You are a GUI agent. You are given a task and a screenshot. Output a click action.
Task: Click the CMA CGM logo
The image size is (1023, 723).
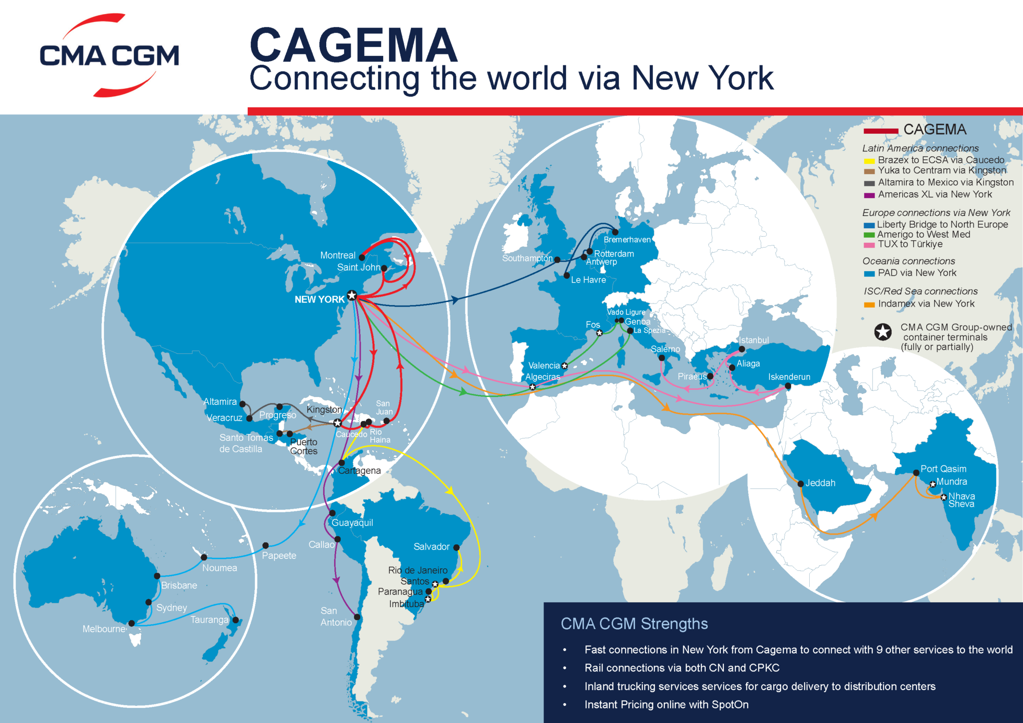click(x=109, y=55)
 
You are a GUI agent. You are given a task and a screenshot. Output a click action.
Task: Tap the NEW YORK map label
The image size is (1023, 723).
click(x=319, y=300)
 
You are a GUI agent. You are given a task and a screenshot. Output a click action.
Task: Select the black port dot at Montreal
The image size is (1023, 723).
click(x=362, y=258)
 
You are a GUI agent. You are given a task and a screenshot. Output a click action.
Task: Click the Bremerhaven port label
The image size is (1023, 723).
click(x=627, y=240)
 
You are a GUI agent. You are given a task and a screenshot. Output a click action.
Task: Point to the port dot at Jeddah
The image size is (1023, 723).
click(x=801, y=483)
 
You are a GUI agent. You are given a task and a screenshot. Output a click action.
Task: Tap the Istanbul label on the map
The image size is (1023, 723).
click(x=754, y=341)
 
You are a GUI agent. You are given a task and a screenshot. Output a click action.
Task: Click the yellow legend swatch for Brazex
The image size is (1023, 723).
click(x=869, y=161)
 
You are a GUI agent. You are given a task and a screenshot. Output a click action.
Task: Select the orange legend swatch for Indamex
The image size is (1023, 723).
click(x=869, y=305)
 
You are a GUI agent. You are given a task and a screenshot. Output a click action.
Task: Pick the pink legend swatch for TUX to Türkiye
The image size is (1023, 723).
click(x=869, y=245)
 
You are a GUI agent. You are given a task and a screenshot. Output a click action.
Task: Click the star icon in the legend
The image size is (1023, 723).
click(x=883, y=332)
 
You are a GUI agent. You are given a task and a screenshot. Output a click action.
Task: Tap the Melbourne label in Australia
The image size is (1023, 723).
click(x=104, y=629)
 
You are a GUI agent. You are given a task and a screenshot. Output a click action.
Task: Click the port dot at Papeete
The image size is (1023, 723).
click(x=266, y=546)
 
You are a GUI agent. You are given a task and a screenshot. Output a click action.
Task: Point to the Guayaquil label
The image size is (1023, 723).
click(x=352, y=523)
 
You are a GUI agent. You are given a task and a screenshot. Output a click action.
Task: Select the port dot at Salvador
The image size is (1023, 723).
click(x=456, y=548)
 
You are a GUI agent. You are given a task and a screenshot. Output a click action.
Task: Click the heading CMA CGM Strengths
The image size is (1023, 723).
click(x=634, y=624)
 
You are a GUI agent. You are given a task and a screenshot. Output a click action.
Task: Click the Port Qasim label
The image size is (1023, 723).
click(x=943, y=469)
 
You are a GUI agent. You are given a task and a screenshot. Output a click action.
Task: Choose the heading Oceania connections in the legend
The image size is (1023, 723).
click(x=908, y=261)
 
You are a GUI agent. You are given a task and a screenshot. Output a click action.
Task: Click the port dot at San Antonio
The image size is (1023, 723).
click(x=357, y=617)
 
